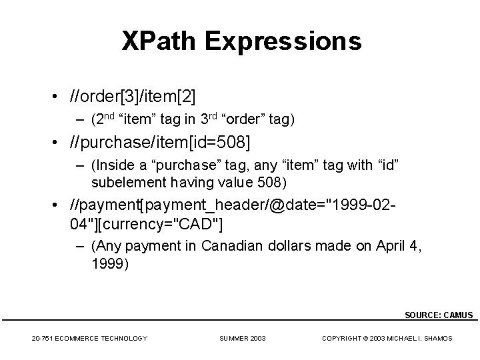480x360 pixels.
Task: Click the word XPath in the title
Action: (x=160, y=41)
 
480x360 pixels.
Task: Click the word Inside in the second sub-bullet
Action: (x=112, y=165)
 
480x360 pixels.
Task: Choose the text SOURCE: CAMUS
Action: (x=439, y=315)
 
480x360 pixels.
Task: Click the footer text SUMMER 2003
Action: (x=243, y=339)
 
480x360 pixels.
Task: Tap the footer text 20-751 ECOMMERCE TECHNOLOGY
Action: (x=89, y=339)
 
